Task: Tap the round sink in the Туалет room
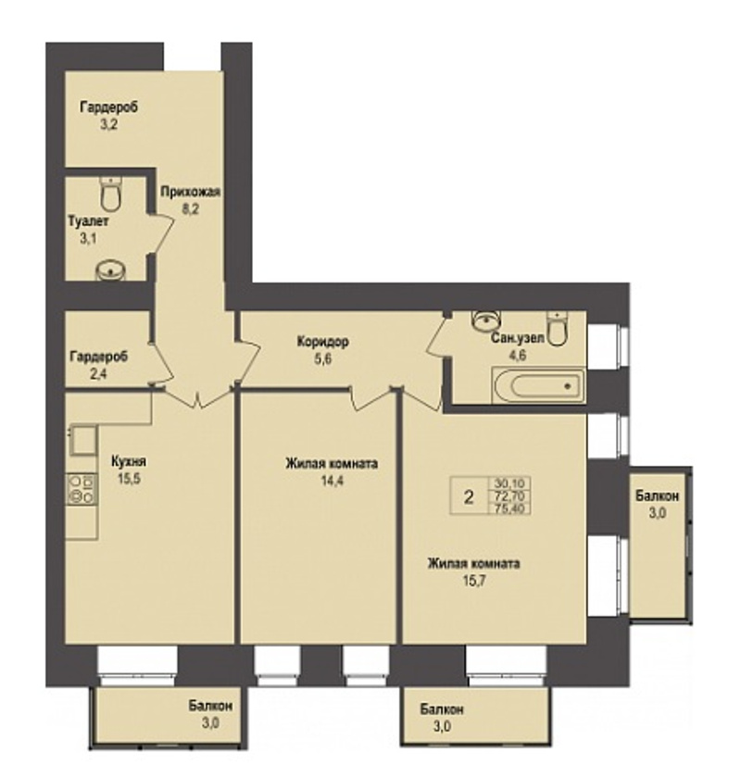pos(110,271)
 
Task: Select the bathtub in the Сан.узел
pos(538,385)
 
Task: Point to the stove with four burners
pos(82,489)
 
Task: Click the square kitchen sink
pos(83,440)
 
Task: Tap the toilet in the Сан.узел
pos(558,328)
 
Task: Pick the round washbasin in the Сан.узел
pos(486,320)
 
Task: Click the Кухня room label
pos(129,461)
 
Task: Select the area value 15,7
pos(474,581)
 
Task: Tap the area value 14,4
pos(332,481)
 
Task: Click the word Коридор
pos(322,342)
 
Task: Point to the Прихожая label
pos(190,192)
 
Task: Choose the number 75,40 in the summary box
pos(510,508)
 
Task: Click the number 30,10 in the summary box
pos(510,483)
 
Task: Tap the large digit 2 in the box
pos(469,496)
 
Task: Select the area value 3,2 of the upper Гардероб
pos(108,124)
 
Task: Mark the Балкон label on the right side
pos(657,496)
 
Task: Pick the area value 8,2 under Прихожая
pos(190,209)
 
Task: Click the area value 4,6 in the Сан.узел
pos(517,356)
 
